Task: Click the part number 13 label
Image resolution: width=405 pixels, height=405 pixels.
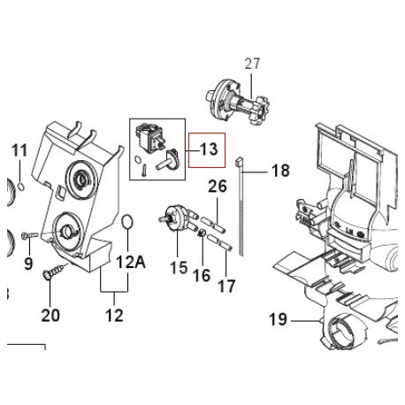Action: pyautogui.click(x=209, y=149)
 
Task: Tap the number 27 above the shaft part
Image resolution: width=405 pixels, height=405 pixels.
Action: pyautogui.click(x=252, y=64)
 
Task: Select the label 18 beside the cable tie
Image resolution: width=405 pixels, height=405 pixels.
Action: pyautogui.click(x=280, y=171)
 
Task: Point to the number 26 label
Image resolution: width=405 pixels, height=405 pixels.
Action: pyautogui.click(x=218, y=187)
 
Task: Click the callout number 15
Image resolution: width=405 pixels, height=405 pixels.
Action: pyautogui.click(x=179, y=268)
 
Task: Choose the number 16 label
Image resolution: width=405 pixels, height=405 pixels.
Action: pyautogui.click(x=202, y=276)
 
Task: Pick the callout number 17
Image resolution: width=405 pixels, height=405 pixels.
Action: pyautogui.click(x=226, y=286)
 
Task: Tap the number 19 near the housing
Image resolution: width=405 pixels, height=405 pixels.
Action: pyautogui.click(x=278, y=319)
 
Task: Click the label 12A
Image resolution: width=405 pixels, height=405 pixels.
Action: pyautogui.click(x=131, y=262)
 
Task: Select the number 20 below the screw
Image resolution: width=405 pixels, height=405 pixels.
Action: pyautogui.click(x=50, y=316)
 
